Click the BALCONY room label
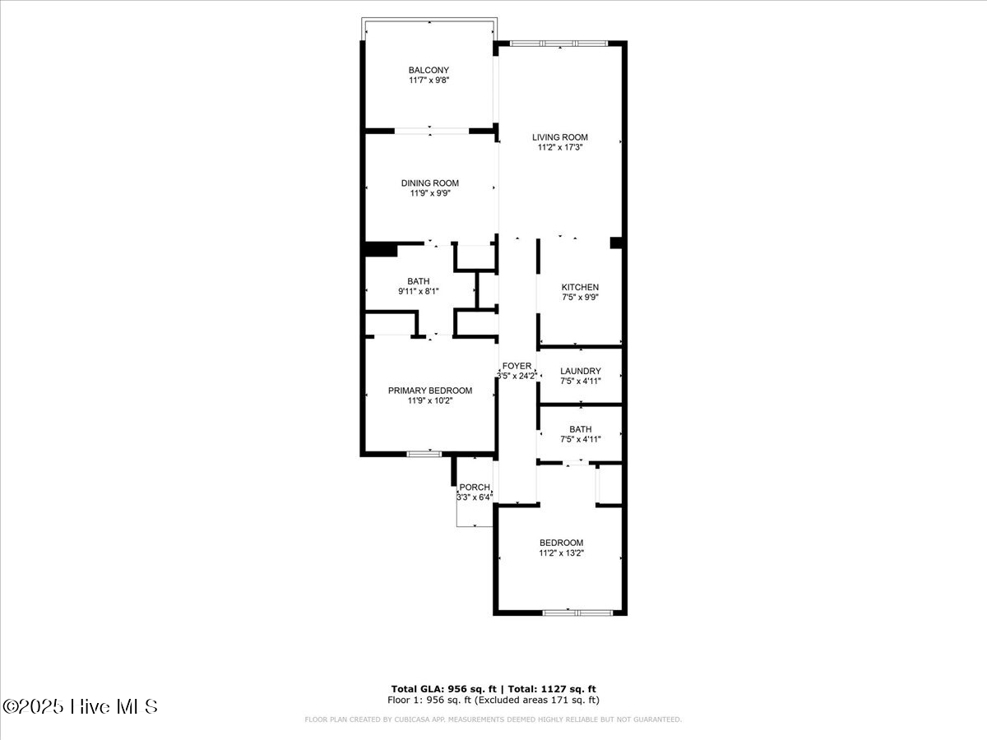(x=429, y=70)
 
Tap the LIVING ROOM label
(x=560, y=137)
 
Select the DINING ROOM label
(x=430, y=183)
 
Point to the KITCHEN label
(x=580, y=287)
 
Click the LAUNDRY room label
(x=581, y=371)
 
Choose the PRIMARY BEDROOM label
(x=430, y=391)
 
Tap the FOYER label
(x=517, y=366)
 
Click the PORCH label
(x=475, y=488)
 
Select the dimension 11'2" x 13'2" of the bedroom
(x=562, y=553)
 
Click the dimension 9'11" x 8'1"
(x=418, y=291)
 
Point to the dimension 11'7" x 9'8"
(x=429, y=81)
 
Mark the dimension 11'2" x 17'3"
(x=560, y=148)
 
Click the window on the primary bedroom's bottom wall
(x=424, y=453)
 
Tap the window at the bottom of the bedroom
(x=577, y=612)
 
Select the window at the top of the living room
(x=559, y=43)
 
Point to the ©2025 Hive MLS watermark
(x=81, y=706)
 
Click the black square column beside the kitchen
(x=615, y=243)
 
